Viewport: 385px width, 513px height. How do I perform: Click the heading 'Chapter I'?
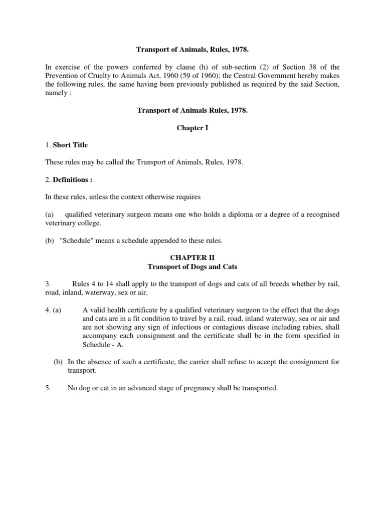coord(192,128)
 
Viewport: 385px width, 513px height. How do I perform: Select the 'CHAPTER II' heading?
coord(192,258)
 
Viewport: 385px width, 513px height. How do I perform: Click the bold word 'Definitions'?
coord(70,180)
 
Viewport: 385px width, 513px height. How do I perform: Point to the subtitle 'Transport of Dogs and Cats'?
coord(192,267)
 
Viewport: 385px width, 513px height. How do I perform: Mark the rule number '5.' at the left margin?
coord(48,388)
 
